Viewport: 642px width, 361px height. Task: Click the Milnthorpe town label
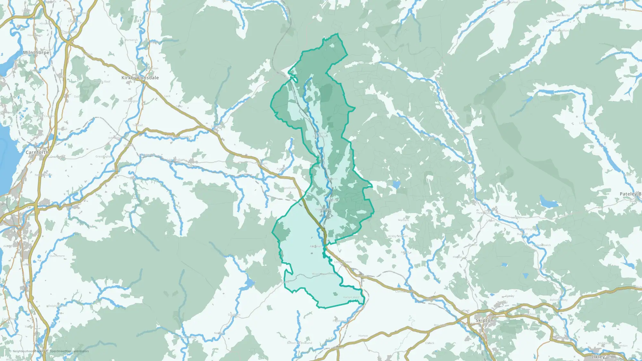point(36,52)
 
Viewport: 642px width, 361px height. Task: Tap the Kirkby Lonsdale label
point(140,78)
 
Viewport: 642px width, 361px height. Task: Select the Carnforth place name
point(37,152)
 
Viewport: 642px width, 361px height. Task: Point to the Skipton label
point(484,320)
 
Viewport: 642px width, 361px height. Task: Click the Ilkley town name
point(598,357)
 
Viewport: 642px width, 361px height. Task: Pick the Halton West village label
point(351,297)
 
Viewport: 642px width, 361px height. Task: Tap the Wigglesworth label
point(321,274)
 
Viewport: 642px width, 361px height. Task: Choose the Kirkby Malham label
point(398,236)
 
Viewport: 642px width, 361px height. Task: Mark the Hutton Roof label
point(102,82)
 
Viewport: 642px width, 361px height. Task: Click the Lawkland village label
point(289,188)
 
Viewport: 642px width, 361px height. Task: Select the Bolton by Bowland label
point(299,343)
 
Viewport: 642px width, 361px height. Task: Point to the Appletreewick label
point(542,245)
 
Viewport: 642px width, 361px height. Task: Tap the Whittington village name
point(131,101)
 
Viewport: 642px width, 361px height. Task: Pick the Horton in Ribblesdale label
point(320,135)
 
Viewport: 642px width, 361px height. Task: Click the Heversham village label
point(35,35)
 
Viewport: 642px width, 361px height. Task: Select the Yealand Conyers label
point(44,116)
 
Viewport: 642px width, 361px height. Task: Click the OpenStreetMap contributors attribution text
point(69,351)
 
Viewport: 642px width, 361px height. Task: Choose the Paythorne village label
point(340,321)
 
